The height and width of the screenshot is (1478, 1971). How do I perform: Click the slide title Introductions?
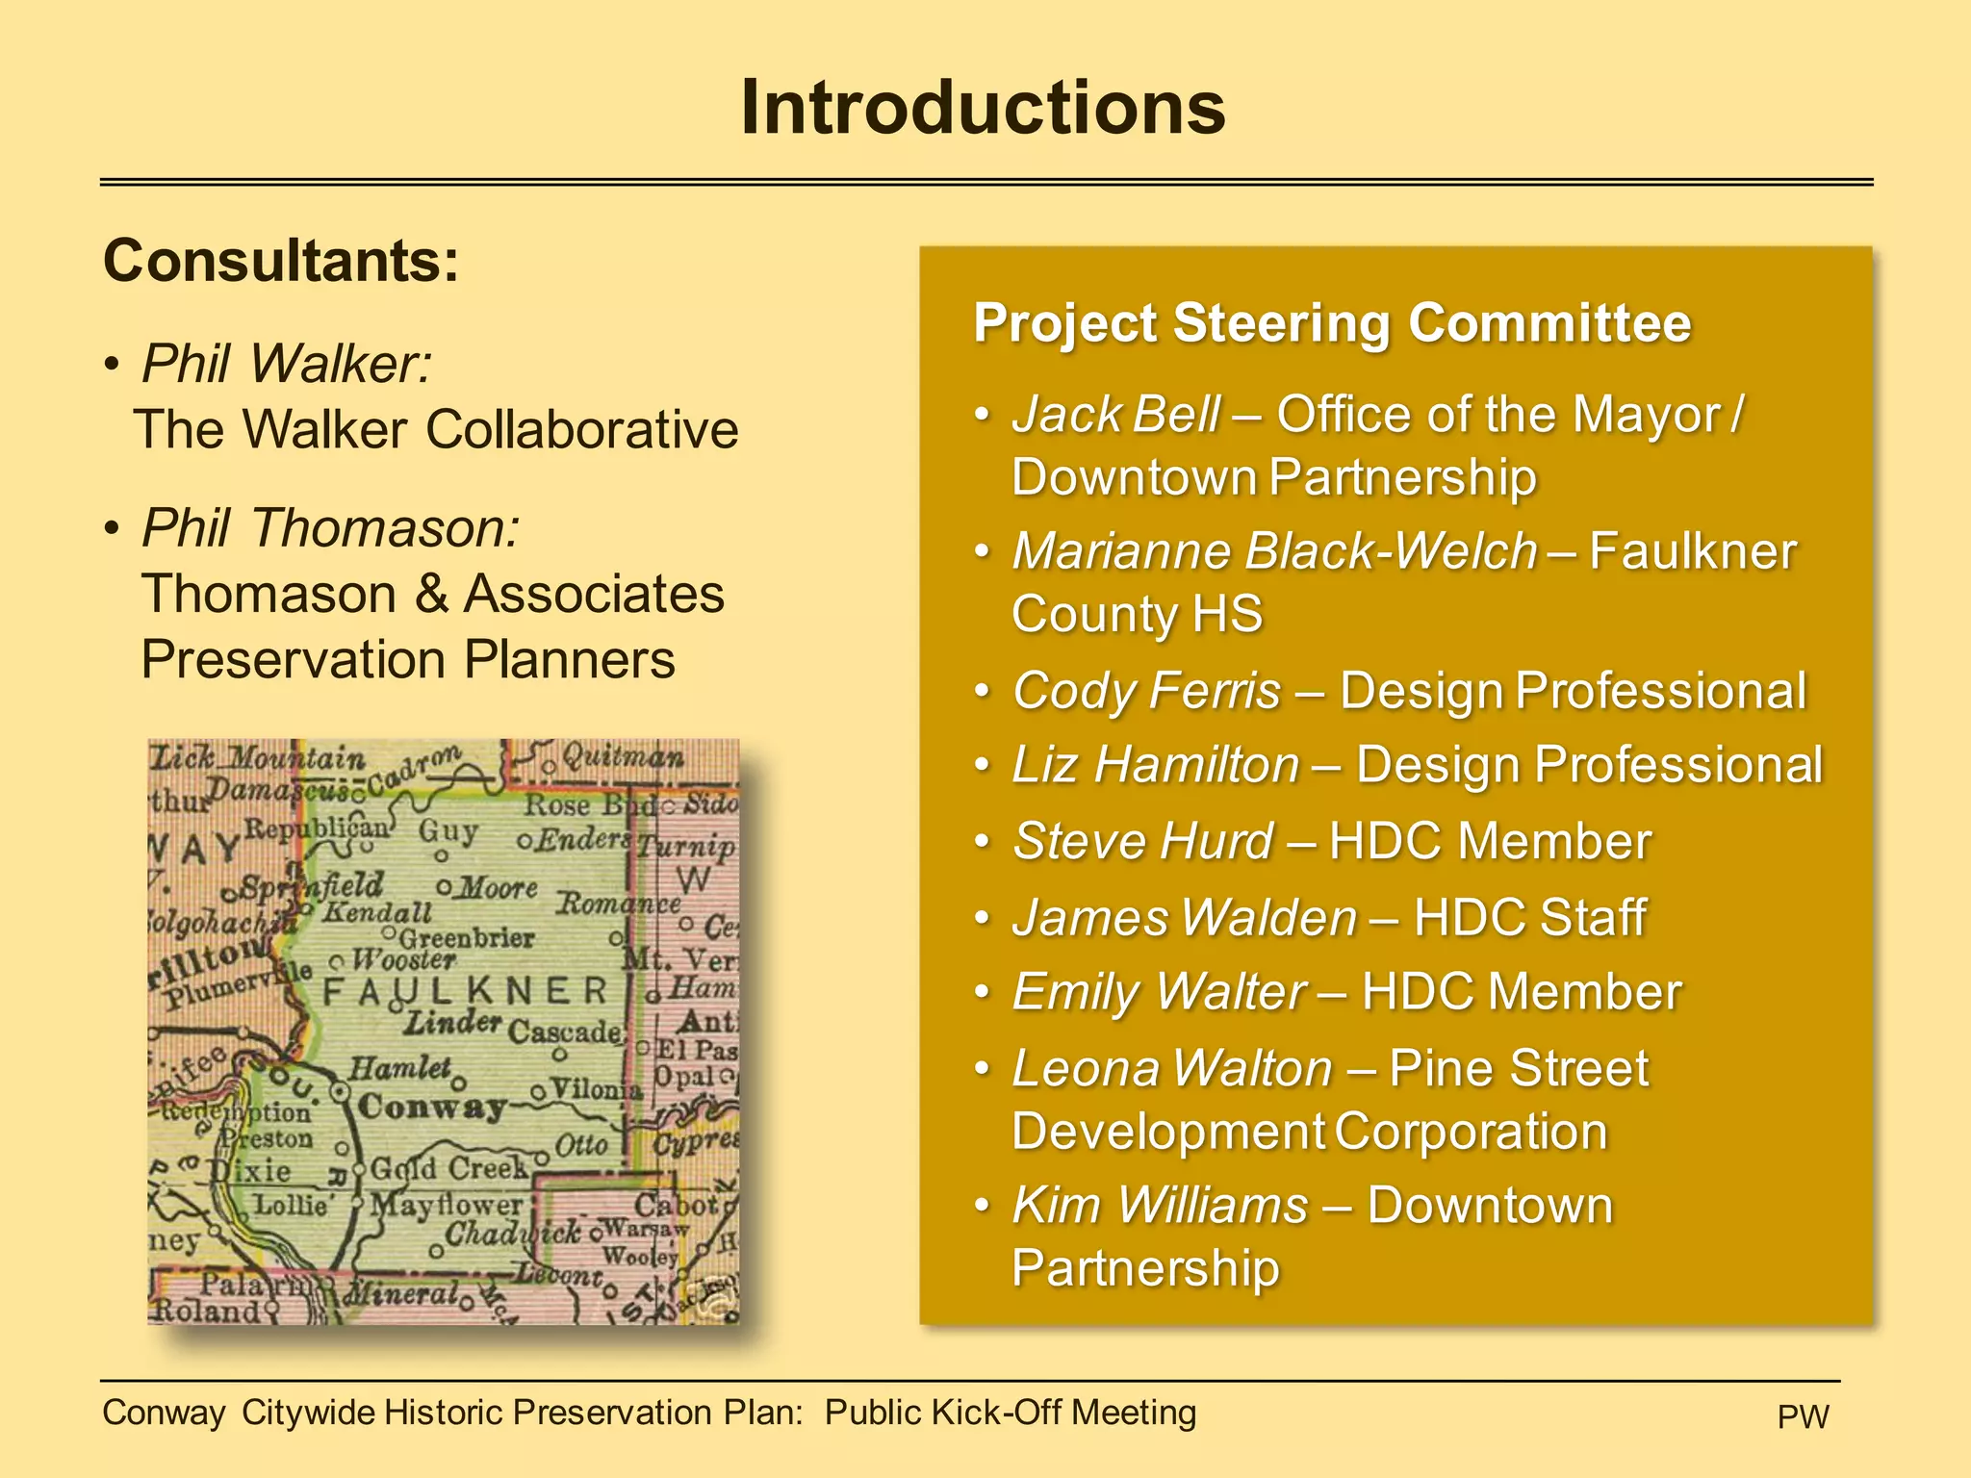tap(984, 108)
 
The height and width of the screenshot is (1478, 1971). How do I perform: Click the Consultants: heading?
tap(281, 261)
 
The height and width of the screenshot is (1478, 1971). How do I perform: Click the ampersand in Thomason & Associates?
tap(431, 594)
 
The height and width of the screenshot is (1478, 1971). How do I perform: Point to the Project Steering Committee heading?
tap(1332, 322)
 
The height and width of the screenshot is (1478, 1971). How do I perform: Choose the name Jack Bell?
tap(1116, 415)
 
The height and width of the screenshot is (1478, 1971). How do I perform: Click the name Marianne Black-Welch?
tap(1275, 551)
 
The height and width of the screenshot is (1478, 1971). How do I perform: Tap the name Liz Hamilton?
tap(1156, 765)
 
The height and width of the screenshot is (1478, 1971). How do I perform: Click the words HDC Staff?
tap(1529, 917)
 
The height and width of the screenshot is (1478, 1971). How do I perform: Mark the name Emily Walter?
tap(1159, 992)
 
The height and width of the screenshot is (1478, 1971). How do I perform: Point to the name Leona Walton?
tap(1172, 1068)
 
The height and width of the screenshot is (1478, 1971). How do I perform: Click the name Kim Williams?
tap(1161, 1205)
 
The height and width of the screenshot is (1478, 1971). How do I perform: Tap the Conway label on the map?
tap(431, 1108)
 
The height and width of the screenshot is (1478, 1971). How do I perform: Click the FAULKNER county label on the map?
tap(466, 991)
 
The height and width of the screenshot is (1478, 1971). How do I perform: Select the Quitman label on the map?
tap(624, 758)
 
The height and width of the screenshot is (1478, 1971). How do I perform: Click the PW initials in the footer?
tap(1803, 1416)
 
